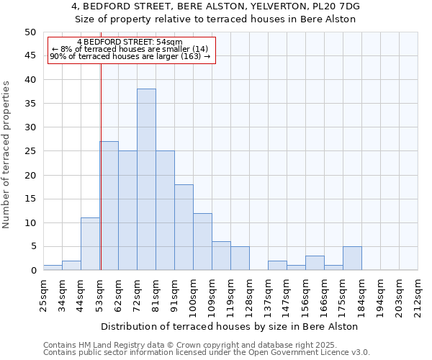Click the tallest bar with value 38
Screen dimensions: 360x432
coord(146,179)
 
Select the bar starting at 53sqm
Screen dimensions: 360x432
coord(109,206)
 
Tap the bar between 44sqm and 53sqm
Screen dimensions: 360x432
coord(90,244)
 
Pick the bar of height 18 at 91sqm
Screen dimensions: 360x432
coord(184,228)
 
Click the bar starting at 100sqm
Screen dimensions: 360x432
coord(202,242)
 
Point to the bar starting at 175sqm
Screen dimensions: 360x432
coord(352,258)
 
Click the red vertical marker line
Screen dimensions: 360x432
coord(101,144)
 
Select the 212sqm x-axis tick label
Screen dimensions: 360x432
coord(418,296)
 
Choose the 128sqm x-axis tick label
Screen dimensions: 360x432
coord(249,296)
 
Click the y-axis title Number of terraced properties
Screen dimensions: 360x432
coord(7,155)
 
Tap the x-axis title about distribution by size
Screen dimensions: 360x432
coord(229,326)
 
